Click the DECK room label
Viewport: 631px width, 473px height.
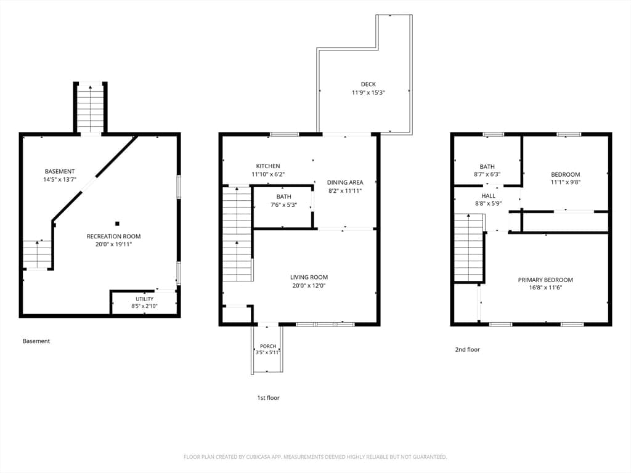click(368, 84)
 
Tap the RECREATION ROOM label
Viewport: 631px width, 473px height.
click(113, 236)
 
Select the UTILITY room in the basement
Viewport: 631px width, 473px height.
click(144, 302)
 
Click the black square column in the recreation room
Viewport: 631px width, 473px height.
click(117, 224)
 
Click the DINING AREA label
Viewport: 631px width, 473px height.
click(345, 182)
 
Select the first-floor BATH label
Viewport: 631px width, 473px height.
click(283, 196)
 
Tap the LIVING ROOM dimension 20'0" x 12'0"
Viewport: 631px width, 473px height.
click(309, 286)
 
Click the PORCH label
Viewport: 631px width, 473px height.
click(268, 346)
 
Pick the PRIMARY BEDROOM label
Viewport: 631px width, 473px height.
click(545, 280)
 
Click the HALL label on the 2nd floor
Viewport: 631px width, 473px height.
click(488, 196)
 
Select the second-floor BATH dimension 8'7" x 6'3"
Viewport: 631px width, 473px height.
click(487, 174)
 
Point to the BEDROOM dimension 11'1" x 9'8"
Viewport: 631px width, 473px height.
click(566, 182)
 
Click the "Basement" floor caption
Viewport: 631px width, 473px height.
click(36, 341)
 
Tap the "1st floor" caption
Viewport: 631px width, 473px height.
click(269, 398)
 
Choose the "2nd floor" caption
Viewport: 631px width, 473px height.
click(468, 350)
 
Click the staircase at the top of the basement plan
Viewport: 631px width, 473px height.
click(90, 108)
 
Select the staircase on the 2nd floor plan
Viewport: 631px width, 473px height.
click(469, 248)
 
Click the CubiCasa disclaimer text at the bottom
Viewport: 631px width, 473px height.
click(315, 457)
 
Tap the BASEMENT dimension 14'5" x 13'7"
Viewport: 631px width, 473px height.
click(60, 179)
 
